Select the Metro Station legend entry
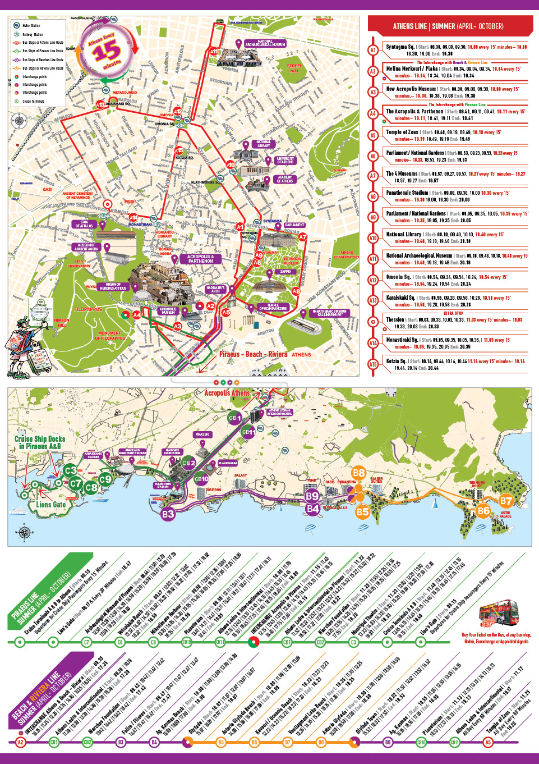(31, 25)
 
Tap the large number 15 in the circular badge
(106, 53)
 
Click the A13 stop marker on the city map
(100, 104)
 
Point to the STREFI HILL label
(294, 68)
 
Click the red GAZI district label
(47, 189)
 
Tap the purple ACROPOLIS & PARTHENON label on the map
(200, 259)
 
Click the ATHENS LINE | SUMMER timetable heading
(448, 26)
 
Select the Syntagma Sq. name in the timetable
(400, 47)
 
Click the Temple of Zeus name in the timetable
(402, 132)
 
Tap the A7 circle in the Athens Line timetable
(373, 176)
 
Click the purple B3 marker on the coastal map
(168, 513)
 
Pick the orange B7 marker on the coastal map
(506, 501)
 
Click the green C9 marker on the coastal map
(105, 479)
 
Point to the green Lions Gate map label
(50, 505)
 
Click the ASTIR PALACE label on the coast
(505, 514)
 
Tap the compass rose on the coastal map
(25, 532)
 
